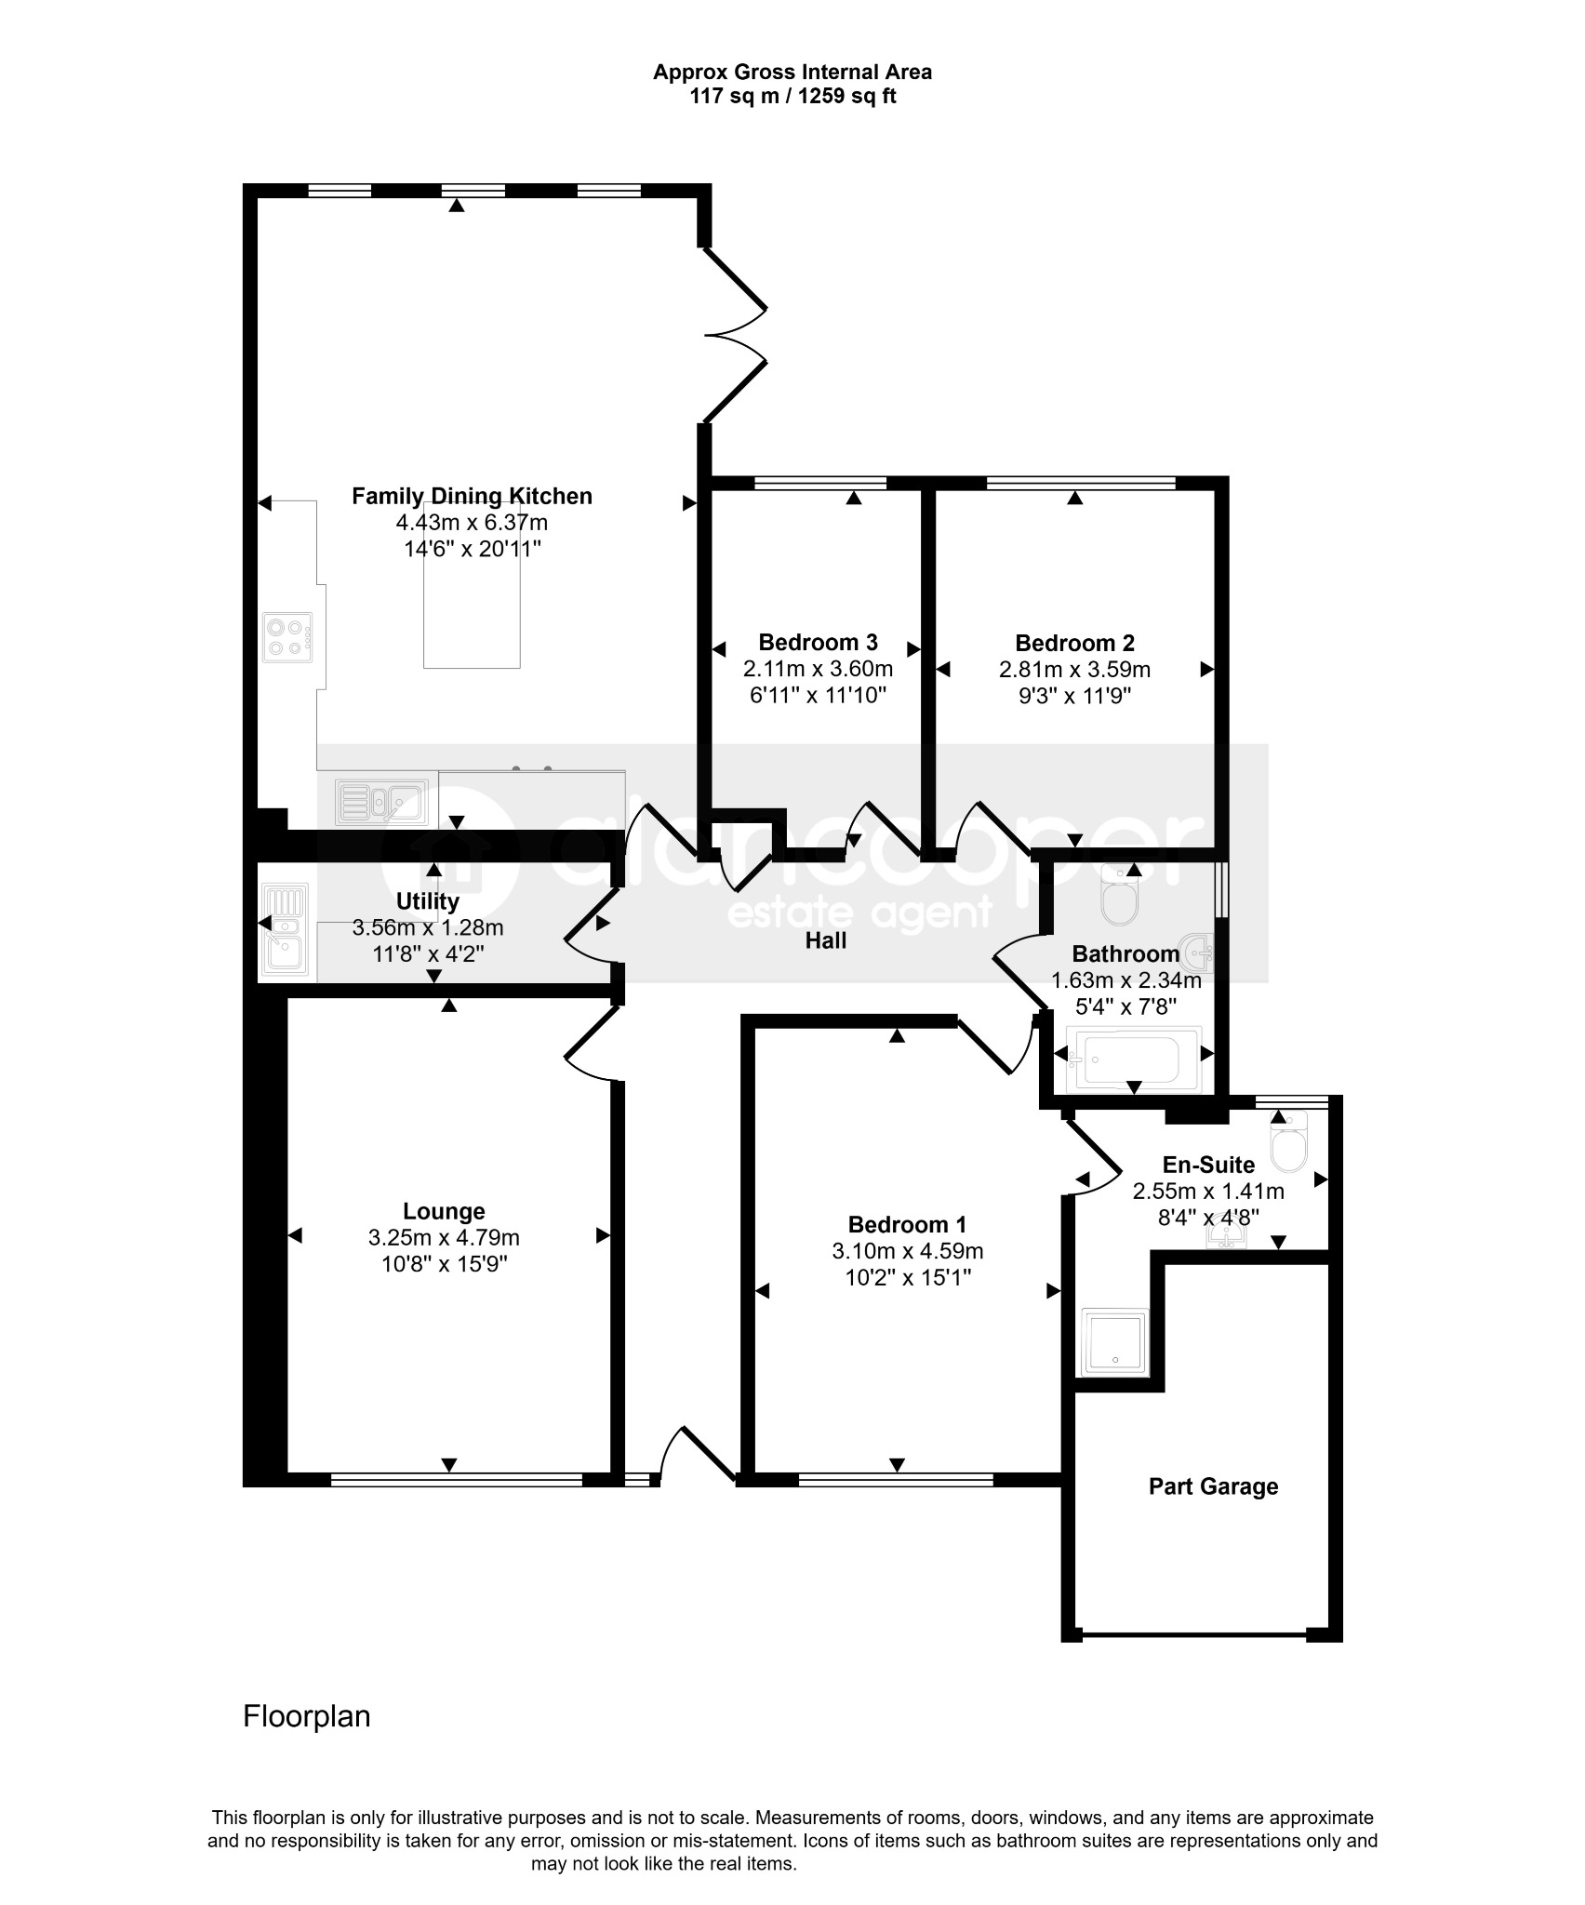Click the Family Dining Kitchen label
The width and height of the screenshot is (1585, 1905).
[472, 497]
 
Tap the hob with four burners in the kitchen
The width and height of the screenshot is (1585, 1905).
[287, 637]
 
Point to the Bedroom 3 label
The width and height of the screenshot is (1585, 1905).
[818, 643]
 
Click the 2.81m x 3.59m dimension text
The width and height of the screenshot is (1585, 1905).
[1074, 670]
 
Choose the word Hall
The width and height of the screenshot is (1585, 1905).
[826, 941]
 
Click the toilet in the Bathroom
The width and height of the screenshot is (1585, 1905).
[1118, 895]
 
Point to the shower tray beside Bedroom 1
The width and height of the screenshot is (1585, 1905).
[1115, 1343]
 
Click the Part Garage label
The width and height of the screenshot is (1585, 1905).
[1213, 1486]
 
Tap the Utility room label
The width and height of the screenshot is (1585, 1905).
[428, 901]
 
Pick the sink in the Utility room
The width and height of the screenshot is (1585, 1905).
[285, 930]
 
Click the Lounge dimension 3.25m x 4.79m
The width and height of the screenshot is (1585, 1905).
[444, 1238]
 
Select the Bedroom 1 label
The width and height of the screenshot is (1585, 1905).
[907, 1225]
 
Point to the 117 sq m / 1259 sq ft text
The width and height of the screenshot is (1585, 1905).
[792, 96]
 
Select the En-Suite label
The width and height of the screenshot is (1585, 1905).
[1208, 1166]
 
